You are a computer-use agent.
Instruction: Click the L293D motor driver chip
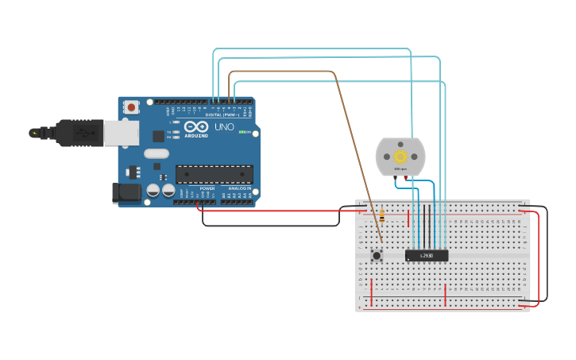[x=427, y=255]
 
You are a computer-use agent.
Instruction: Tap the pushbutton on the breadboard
[x=377, y=255]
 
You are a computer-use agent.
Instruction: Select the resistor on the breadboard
[x=382, y=213]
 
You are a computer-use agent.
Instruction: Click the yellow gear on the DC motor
[x=400, y=157]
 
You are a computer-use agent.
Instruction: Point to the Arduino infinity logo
[x=196, y=127]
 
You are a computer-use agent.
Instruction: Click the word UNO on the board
[x=225, y=127]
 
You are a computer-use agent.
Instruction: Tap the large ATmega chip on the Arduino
[x=215, y=174]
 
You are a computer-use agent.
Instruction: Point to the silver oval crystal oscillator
[x=157, y=154]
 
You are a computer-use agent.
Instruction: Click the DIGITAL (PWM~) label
[x=226, y=115]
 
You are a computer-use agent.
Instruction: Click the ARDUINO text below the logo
[x=196, y=136]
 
